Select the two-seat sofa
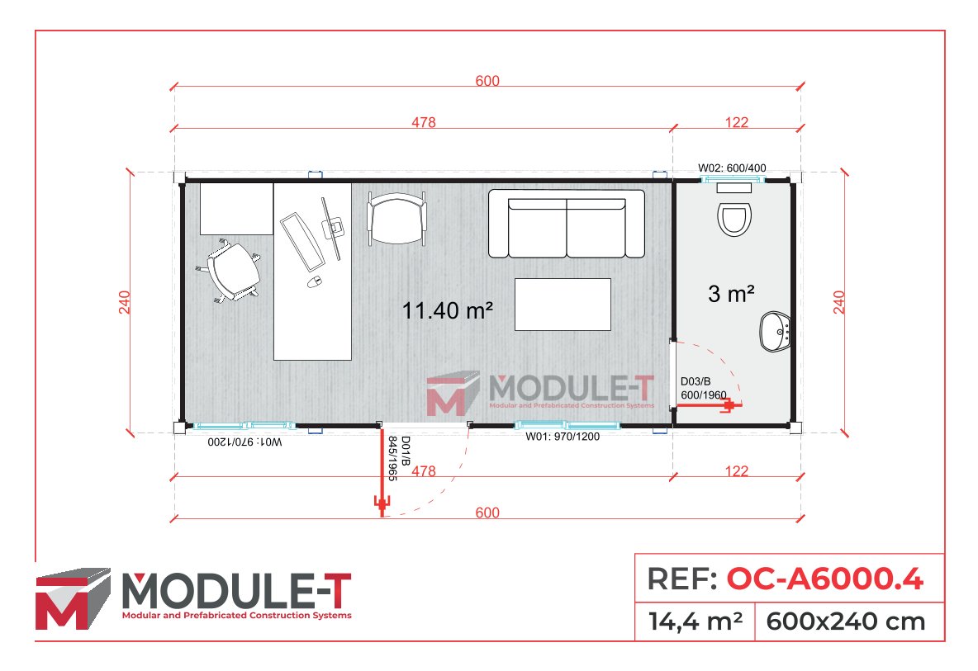coord(566,224)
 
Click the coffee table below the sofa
coord(563,305)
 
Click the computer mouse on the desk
coord(314,282)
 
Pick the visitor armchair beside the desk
coord(396,218)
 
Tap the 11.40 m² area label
coord(448,310)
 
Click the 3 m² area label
coord(731,293)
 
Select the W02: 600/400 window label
coord(732,168)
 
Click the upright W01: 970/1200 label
coord(562,437)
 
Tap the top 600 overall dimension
coord(487,81)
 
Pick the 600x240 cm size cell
coord(846,621)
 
